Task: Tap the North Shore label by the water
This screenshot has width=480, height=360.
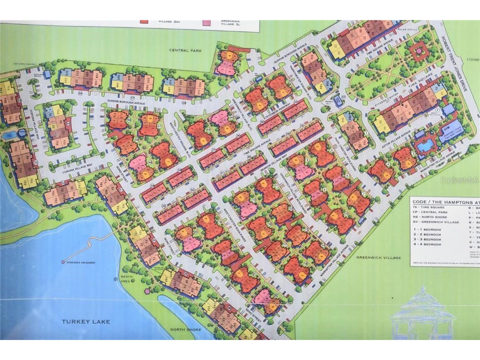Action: coord(186,330)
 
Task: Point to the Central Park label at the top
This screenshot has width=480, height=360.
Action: coord(185,50)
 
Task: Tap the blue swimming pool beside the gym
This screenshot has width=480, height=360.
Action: coord(425,145)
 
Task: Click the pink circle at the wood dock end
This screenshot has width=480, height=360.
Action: coord(63,262)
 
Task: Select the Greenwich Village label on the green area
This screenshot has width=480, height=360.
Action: coord(378,257)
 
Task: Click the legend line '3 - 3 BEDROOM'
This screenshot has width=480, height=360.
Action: coord(427,240)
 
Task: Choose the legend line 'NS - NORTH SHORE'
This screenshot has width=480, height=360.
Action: coord(430,217)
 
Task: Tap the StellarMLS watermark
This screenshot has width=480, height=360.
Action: coord(463,180)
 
